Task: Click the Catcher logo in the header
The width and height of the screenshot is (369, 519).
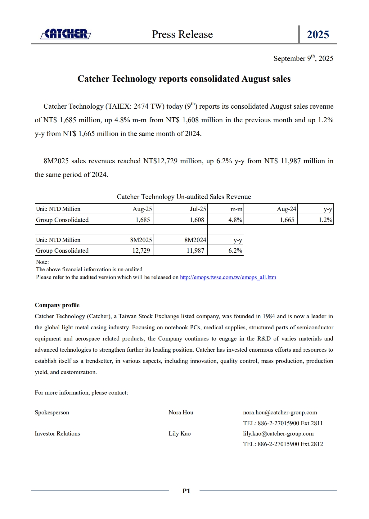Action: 65,34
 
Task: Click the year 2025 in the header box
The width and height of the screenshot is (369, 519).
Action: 318,34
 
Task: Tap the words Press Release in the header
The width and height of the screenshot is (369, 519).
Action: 182,34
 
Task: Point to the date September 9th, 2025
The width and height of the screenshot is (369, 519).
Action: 303,58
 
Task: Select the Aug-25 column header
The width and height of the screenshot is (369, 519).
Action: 142,209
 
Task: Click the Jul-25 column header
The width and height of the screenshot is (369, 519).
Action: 198,209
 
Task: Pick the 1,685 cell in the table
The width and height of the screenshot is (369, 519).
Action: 143,220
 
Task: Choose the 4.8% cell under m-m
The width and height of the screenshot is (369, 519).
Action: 235,220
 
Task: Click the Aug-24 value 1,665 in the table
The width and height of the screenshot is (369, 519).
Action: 287,220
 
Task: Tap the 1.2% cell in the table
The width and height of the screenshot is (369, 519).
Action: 325,220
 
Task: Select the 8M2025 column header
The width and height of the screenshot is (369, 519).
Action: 141,240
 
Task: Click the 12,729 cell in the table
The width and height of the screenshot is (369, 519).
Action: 141,250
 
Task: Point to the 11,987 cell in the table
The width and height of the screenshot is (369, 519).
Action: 195,250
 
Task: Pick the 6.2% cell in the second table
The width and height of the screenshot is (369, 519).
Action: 235,250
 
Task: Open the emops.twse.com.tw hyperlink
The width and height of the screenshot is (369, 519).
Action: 228,277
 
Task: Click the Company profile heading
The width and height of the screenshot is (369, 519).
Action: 57,305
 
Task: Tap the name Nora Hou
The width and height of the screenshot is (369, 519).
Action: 181,412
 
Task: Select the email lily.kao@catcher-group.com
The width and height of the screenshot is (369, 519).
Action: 278,433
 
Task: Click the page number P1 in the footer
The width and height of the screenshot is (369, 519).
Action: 186,491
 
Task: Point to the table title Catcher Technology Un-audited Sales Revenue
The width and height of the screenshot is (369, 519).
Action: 184,196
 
